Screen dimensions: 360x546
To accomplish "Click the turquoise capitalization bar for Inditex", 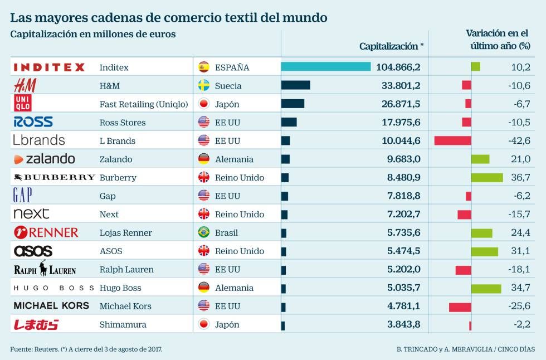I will [325, 67].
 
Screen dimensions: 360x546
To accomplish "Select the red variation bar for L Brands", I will [452, 140].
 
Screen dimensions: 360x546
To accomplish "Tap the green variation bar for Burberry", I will [486, 177].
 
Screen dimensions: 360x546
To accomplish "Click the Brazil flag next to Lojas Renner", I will [203, 232].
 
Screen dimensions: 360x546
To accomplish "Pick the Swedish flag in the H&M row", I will [203, 86].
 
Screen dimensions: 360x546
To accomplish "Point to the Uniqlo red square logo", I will [23, 104].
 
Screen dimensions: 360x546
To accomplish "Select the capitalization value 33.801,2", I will [398, 86].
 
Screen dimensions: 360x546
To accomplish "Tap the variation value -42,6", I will [519, 140].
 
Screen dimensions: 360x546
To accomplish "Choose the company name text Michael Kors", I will [125, 306].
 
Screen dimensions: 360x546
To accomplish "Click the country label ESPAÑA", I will [232, 67].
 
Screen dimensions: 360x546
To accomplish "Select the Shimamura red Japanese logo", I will [36, 324].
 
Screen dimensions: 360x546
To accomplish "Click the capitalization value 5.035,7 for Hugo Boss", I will [401, 288].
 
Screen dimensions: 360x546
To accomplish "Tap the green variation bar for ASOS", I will [484, 251].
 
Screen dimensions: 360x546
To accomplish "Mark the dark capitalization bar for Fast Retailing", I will [292, 104].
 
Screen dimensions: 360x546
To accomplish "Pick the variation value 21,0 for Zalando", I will [520, 159].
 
